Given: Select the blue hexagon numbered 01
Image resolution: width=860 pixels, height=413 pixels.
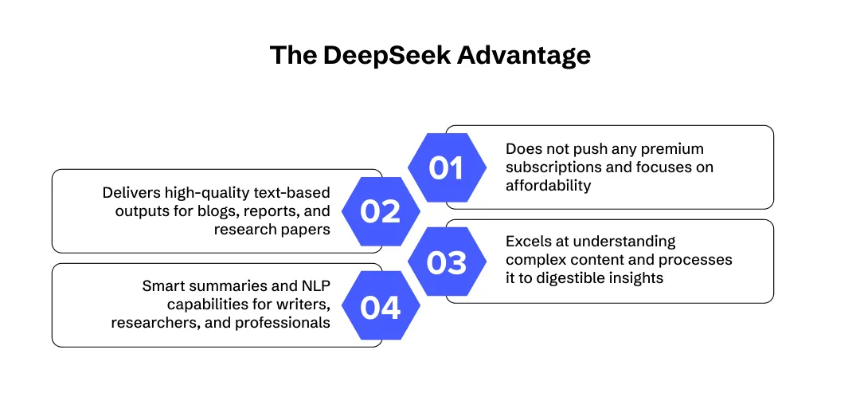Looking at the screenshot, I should point(446,167).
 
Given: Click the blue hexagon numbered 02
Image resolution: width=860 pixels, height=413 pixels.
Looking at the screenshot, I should point(380,211).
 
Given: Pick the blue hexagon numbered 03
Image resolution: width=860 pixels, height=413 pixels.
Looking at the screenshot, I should point(446,262).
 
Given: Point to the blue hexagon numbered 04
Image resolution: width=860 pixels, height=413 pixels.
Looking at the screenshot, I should point(380,305).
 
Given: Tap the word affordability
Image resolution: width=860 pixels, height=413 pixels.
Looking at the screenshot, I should point(548,185).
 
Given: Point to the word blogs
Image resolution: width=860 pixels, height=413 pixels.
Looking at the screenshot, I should point(219,211).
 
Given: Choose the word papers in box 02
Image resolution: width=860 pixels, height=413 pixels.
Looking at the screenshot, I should point(307,230).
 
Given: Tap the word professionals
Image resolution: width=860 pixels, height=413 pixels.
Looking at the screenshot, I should point(284,322).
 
